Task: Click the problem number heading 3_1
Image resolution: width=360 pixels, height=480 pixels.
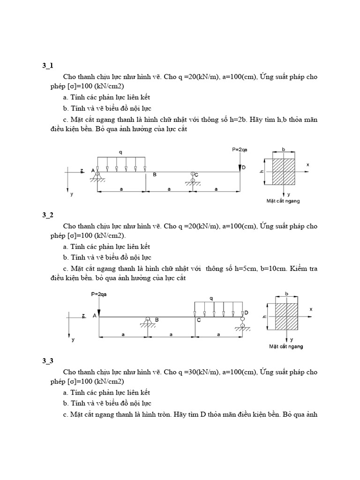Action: [48, 66]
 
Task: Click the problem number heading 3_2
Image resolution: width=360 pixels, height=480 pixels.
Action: [48, 215]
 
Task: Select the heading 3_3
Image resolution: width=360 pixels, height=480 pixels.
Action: [48, 360]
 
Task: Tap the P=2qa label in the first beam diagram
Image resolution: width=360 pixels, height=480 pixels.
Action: [240, 150]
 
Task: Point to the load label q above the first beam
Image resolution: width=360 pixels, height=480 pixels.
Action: [121, 152]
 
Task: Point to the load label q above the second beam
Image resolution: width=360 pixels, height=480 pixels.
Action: [211, 298]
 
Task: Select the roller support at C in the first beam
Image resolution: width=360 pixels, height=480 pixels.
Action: [193, 179]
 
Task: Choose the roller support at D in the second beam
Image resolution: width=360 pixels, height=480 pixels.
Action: [242, 323]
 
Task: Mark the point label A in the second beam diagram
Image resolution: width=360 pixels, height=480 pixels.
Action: [95, 315]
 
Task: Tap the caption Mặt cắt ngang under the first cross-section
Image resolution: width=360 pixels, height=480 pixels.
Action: [283, 201]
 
